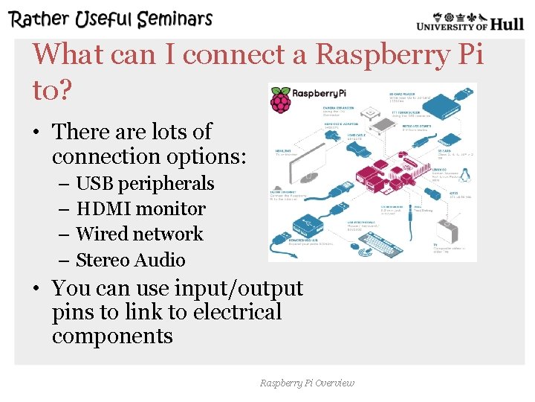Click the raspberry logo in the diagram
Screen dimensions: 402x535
[x=281, y=100]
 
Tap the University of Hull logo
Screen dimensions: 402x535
[x=470, y=21]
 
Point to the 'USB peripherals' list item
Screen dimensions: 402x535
[x=145, y=183]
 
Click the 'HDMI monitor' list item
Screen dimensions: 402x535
[x=140, y=208]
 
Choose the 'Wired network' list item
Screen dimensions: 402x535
[x=139, y=234]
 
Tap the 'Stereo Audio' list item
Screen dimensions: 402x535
[x=131, y=260]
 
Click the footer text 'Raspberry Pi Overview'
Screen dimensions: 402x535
[x=307, y=383]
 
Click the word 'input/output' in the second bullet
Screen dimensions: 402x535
[x=239, y=287]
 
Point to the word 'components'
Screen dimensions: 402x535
[x=112, y=336]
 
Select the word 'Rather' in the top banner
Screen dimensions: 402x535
[x=41, y=19]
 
